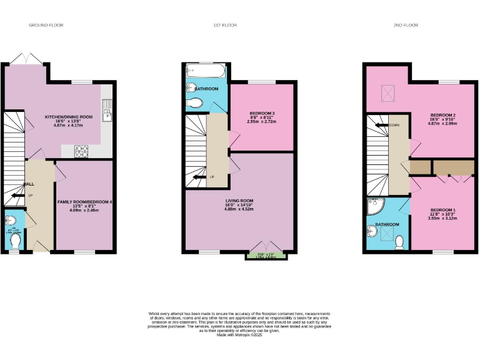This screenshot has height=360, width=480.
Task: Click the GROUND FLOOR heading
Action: tap(46, 25)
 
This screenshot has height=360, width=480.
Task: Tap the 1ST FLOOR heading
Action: tap(224, 25)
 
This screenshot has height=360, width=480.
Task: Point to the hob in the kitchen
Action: tap(82, 150)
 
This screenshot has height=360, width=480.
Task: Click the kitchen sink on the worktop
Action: tap(107, 113)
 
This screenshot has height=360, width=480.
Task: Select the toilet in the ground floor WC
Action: tap(15, 241)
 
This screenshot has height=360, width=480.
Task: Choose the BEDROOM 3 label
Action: tap(261, 113)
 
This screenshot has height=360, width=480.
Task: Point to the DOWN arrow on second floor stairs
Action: tap(380, 125)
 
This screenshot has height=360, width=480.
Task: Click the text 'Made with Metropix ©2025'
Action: tap(239, 336)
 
